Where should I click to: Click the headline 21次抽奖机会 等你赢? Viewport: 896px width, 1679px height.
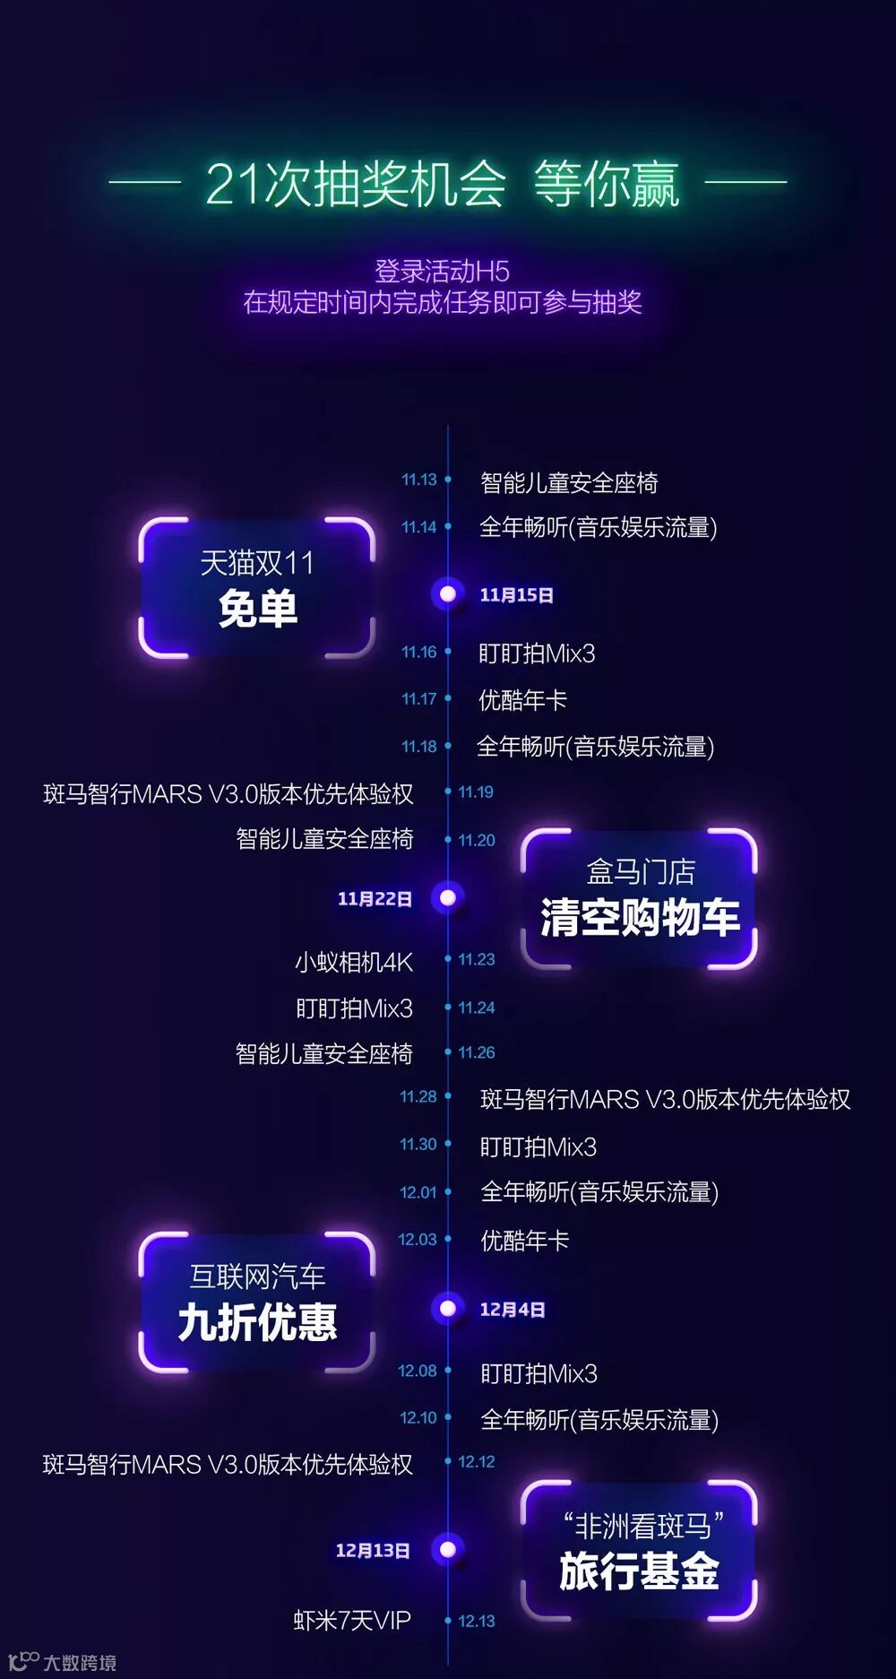click(443, 185)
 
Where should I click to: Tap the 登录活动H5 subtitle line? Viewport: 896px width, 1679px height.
click(442, 271)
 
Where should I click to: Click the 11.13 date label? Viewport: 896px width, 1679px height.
click(418, 480)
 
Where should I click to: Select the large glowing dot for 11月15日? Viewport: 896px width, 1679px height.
click(448, 593)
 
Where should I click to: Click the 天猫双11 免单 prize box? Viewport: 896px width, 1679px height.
click(257, 588)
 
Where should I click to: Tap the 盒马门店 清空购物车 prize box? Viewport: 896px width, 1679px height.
click(639, 899)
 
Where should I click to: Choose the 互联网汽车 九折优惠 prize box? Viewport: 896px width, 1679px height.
click(257, 1302)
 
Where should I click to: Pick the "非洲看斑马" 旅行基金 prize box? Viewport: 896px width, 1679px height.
click(639, 1551)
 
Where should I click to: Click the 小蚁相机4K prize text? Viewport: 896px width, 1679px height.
click(354, 963)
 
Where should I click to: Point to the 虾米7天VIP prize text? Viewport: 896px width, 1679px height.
click(352, 1621)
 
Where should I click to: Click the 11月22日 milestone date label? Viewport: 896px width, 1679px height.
click(375, 898)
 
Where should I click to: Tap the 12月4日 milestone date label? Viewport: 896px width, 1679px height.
click(513, 1310)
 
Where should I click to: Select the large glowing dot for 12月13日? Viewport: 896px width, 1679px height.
click(448, 1549)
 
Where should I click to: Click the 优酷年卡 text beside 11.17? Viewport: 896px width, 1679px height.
click(522, 700)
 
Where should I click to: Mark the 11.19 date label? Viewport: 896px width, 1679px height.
click(476, 792)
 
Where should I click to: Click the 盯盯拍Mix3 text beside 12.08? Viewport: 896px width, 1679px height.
click(538, 1373)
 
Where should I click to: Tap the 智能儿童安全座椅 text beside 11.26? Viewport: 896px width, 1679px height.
click(323, 1053)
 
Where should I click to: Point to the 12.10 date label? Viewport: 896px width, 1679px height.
click(418, 1417)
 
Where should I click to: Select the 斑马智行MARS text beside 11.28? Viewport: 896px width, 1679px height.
click(665, 1099)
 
